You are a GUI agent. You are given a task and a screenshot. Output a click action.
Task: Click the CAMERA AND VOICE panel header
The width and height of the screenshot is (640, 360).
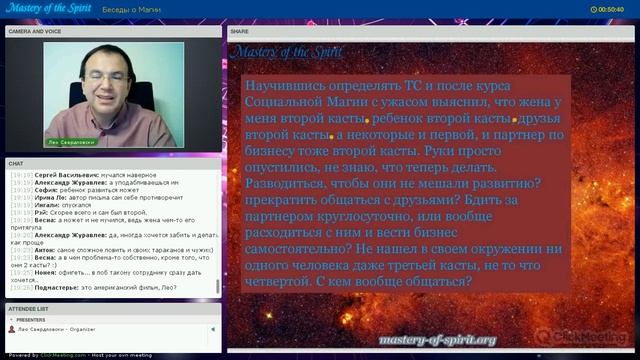click(x=36, y=31)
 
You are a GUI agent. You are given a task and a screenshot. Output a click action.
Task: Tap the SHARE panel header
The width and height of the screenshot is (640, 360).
click(x=240, y=31)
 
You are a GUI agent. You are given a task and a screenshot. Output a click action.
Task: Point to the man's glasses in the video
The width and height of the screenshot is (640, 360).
click(x=109, y=73)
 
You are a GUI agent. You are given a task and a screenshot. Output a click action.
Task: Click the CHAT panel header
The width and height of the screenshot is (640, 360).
click(x=16, y=163)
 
